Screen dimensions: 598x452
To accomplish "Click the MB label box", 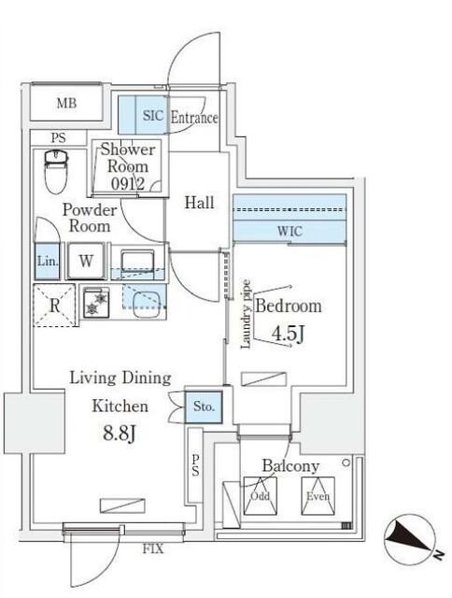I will (x=66, y=103).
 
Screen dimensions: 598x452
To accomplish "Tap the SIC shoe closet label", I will (x=152, y=117).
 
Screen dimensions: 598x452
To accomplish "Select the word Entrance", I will (x=194, y=118).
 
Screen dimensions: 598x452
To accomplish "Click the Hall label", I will (x=199, y=202).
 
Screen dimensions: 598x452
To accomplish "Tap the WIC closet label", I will (x=289, y=231).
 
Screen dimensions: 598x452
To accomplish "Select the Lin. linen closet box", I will (x=48, y=262).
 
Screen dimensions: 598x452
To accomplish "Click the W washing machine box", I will (x=85, y=261).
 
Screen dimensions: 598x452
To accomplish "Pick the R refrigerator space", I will (x=54, y=304).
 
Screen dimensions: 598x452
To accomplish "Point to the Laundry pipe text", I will (x=246, y=313).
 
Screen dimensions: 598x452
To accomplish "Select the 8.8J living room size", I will (x=118, y=434).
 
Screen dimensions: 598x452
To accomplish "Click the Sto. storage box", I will (x=205, y=406).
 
